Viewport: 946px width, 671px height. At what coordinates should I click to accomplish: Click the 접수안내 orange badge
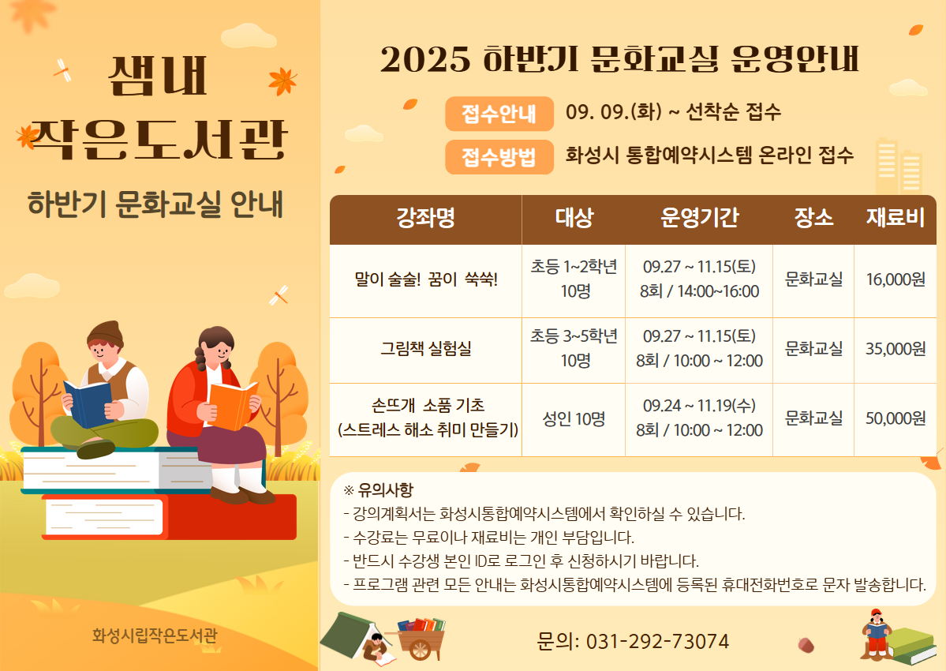coord(499,114)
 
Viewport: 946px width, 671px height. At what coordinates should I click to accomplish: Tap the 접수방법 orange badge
coord(499,157)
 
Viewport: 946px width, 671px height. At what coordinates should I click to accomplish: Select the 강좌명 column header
coord(425,218)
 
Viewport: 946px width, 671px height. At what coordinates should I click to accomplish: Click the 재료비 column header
coord(896,218)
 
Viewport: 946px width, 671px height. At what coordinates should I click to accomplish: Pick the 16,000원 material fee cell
coord(896,279)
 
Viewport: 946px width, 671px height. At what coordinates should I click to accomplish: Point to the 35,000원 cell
coord(896,349)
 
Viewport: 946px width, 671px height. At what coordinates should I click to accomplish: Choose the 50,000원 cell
coord(896,418)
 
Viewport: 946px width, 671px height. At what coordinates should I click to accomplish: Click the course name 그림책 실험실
coord(425,349)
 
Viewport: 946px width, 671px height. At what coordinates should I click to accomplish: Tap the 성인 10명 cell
coord(574,418)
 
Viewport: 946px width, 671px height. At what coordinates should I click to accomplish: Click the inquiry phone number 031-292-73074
coord(657,641)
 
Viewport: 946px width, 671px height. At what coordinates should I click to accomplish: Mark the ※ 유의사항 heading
coord(378,489)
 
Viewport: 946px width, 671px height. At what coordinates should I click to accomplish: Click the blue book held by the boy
coord(88,403)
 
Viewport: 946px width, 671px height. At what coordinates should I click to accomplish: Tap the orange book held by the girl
coord(232,406)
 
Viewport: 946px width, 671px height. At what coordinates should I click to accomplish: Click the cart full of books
coord(421,638)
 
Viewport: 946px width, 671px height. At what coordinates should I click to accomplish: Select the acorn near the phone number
coord(806,644)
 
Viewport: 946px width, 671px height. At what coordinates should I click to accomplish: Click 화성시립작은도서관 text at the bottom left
coord(155,635)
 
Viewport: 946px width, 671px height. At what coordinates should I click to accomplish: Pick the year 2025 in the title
coord(425,59)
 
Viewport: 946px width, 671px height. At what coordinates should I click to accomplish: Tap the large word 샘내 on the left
coord(158,76)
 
